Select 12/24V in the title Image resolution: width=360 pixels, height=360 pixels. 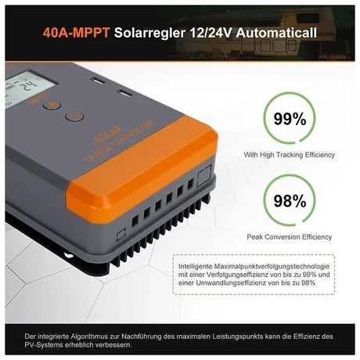(x=205, y=34)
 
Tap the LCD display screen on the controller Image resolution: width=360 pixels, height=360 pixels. (x=21, y=85)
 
